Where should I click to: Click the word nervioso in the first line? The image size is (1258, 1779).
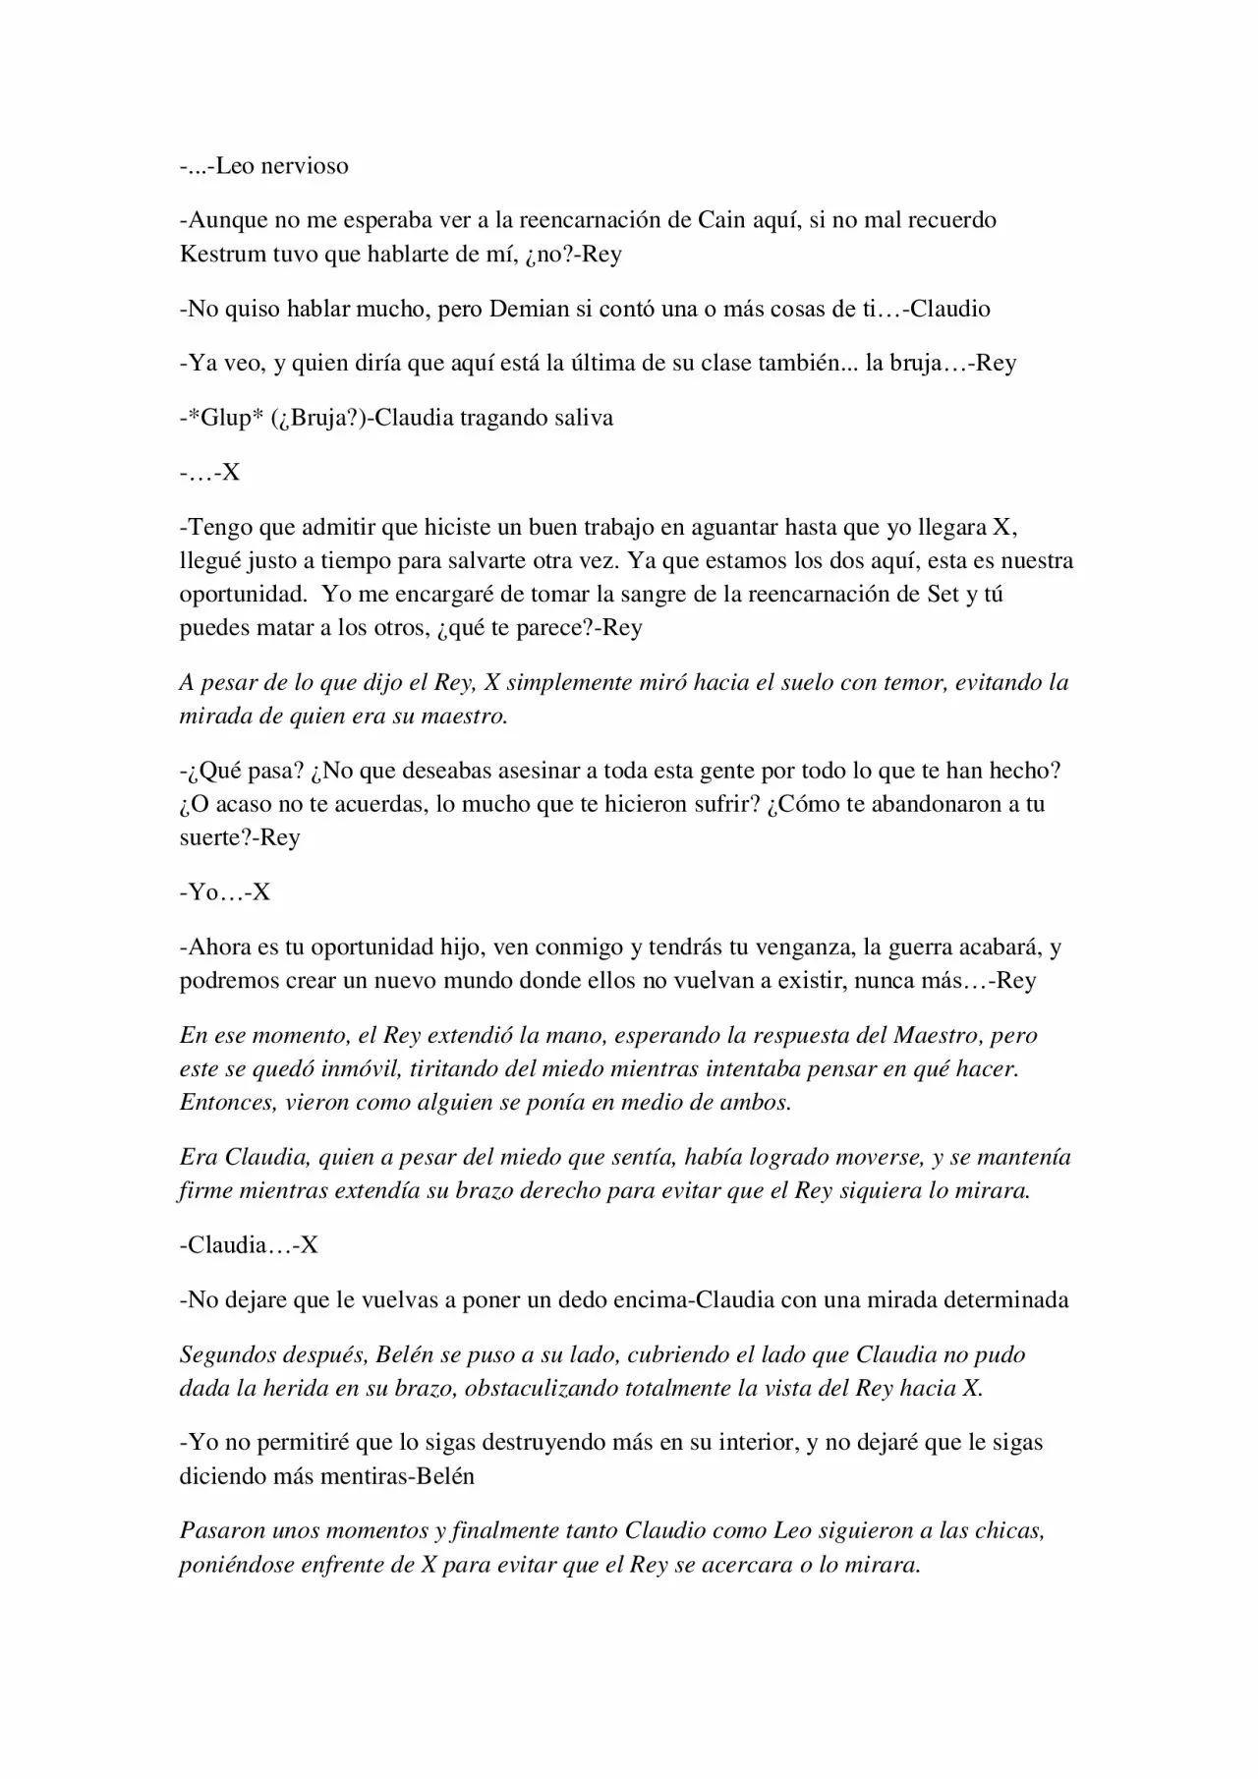(304, 165)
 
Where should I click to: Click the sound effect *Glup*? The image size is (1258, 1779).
(223, 418)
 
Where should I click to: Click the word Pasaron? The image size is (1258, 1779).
(222, 1530)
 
